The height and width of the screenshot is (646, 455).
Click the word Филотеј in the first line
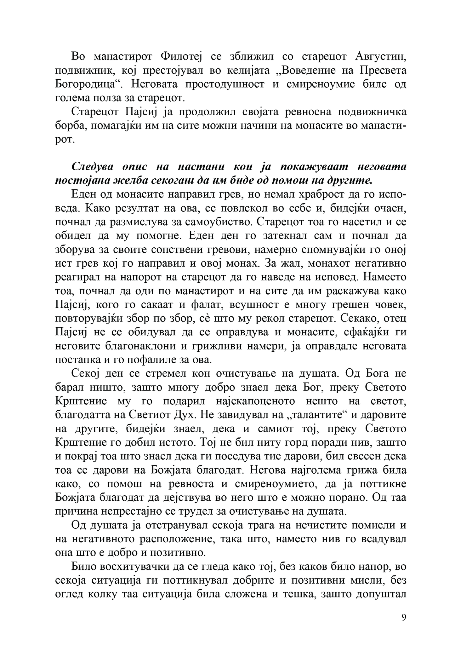click(x=181, y=56)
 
